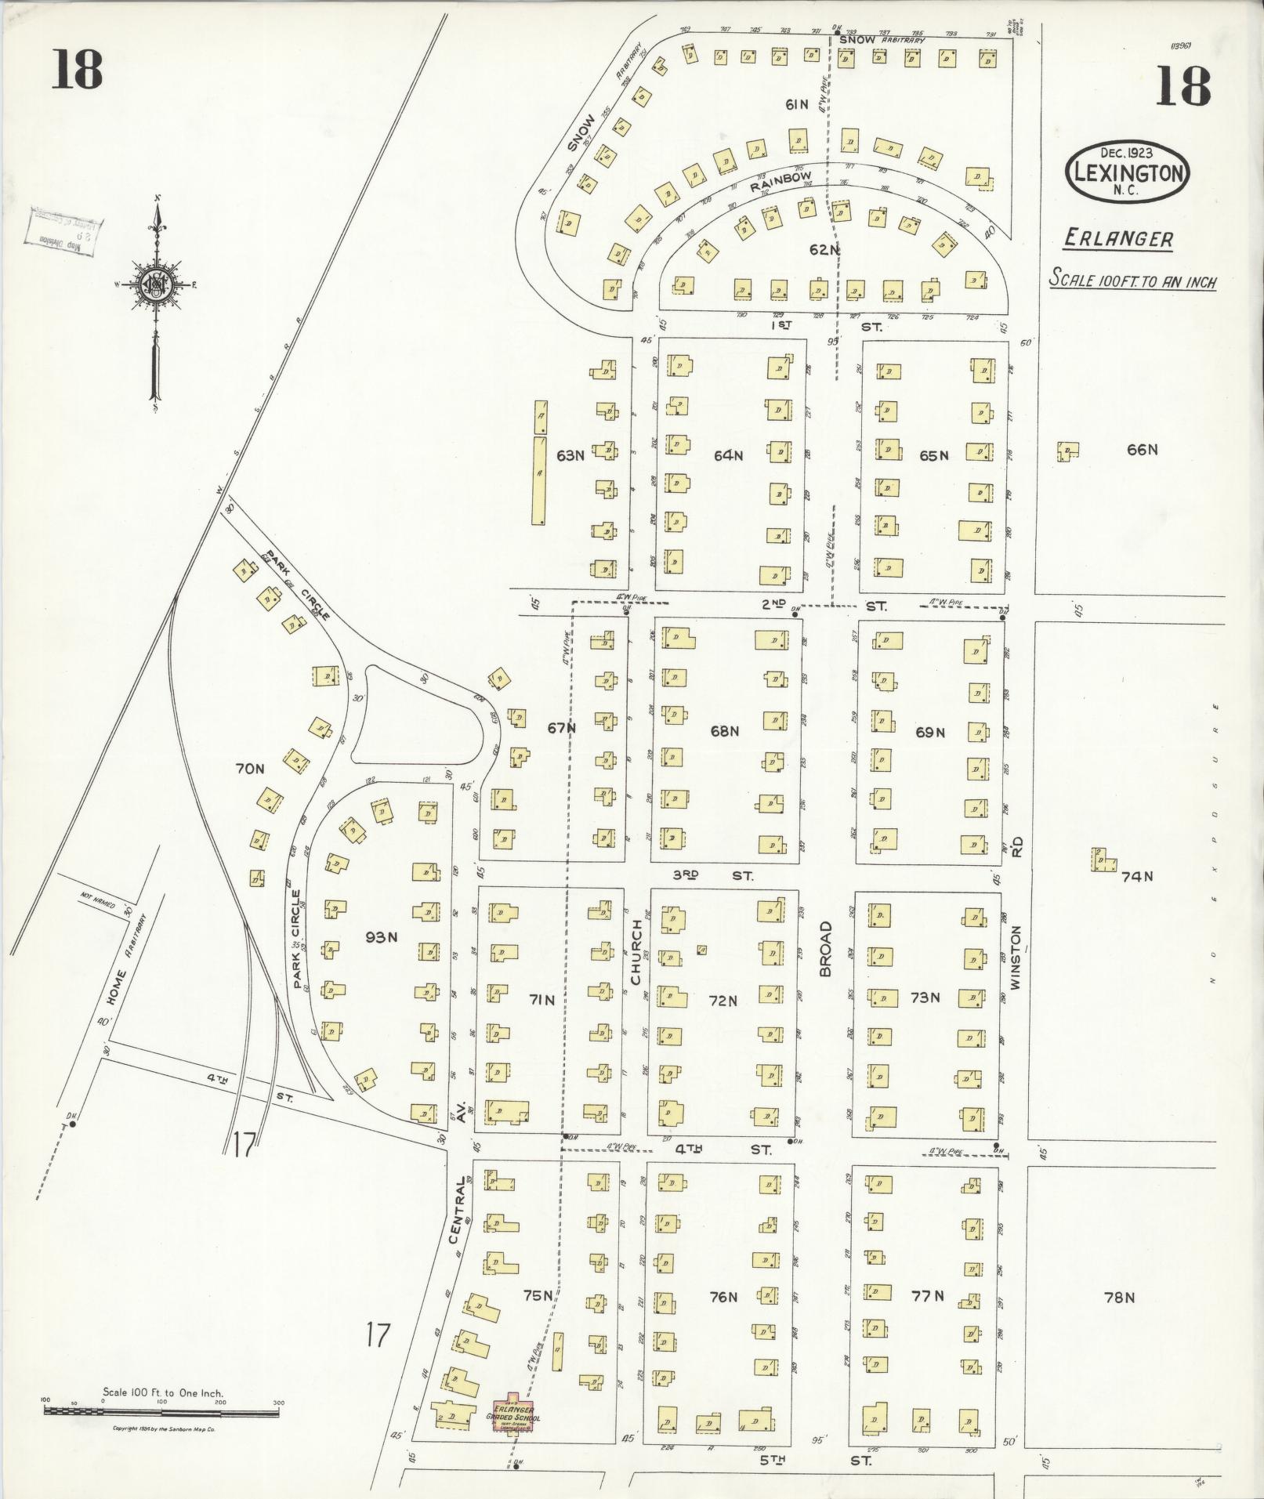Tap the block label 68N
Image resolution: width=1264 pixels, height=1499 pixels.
tap(725, 731)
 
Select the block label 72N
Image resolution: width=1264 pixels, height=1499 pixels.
tap(723, 1001)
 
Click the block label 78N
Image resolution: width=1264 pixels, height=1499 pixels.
tap(1119, 1298)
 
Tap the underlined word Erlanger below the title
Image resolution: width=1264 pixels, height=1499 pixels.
tap(1118, 239)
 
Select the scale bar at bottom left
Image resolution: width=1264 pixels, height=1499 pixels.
tap(161, 1414)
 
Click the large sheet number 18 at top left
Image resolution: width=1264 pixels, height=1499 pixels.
tap(78, 69)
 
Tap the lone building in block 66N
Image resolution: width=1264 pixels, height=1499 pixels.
tap(1067, 451)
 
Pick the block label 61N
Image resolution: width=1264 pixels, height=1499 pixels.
tap(797, 104)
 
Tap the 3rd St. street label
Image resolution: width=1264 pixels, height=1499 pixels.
tap(712, 875)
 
